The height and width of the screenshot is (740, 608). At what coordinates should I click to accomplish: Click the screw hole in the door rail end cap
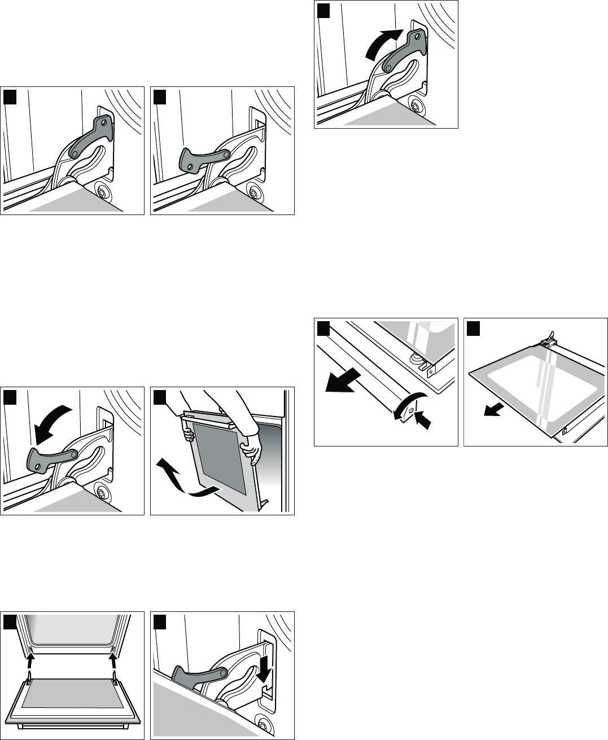pos(412,410)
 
